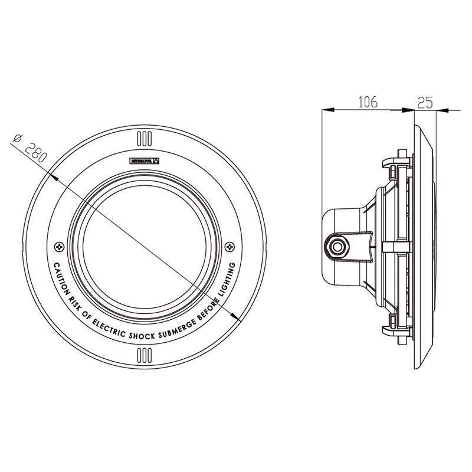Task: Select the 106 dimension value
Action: [368, 102]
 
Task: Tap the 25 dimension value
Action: [425, 102]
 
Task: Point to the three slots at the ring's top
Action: [145, 139]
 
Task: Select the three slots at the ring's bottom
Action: [145, 354]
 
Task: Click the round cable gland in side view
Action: [338, 245]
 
